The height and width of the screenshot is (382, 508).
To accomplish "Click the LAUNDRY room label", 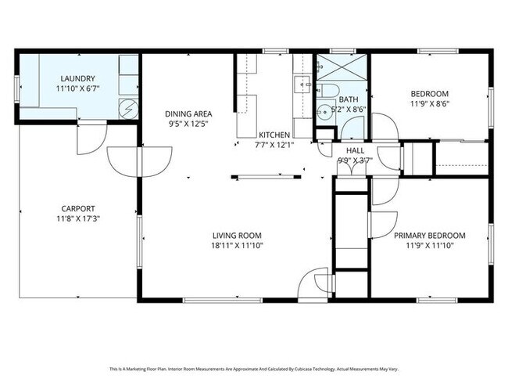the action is tap(77, 78).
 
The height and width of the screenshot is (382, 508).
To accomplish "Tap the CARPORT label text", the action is tap(78, 209).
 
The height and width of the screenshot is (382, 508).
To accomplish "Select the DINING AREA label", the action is tap(188, 114).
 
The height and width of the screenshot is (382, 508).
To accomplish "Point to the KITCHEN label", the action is tap(274, 135).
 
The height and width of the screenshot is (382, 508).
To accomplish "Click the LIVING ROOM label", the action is tap(237, 236).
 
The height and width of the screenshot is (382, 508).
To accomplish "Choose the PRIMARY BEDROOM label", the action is tap(430, 236).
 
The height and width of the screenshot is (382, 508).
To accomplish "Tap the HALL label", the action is tap(355, 150).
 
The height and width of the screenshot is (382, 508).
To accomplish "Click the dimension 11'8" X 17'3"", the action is tap(78, 218).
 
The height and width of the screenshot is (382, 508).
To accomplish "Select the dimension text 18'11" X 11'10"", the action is tap(237, 245).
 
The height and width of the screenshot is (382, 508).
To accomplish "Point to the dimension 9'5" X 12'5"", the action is tap(188, 124).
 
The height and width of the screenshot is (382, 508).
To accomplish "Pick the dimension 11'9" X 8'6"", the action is tap(430, 104).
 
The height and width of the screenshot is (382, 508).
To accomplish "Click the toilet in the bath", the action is tap(327, 90).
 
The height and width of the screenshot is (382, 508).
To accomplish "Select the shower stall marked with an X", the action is tap(342, 67).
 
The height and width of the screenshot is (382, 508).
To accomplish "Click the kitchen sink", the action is tap(302, 85).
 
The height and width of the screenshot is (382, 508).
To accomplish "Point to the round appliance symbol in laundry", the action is tap(128, 109).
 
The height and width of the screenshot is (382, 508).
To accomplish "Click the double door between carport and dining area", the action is tap(139, 161).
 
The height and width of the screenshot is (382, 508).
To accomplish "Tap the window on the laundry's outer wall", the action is tap(16, 88).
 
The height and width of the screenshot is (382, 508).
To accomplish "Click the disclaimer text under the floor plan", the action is tap(254, 369).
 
